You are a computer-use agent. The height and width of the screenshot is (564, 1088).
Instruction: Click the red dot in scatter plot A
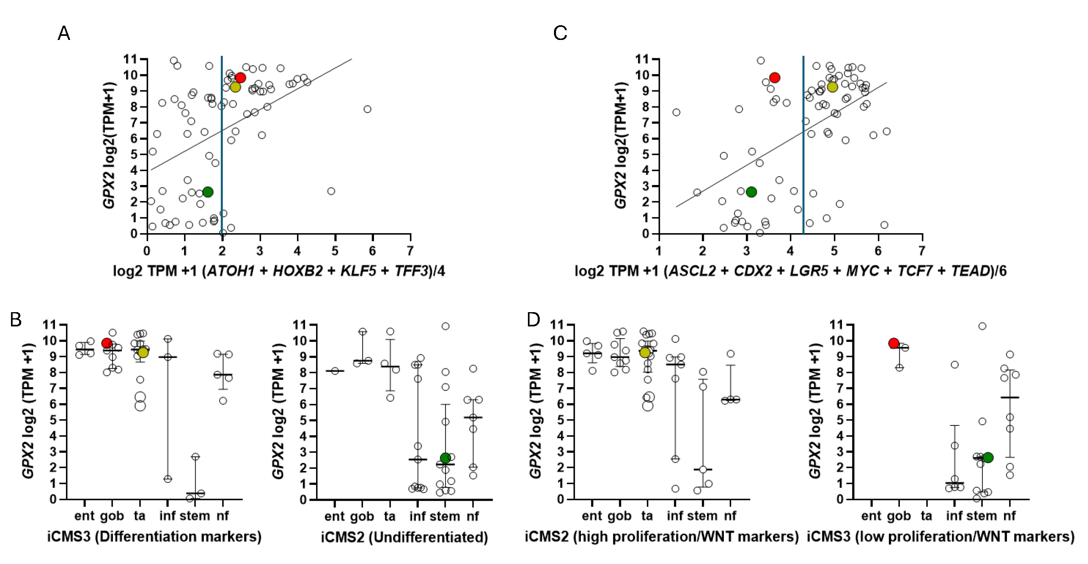[240, 78]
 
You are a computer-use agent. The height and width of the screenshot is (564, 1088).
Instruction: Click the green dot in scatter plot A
[207, 192]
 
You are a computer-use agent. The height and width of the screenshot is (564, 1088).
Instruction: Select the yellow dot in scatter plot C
[832, 87]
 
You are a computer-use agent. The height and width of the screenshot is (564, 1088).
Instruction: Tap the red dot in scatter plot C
[774, 78]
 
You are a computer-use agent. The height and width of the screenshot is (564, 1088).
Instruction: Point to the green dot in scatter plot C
[751, 192]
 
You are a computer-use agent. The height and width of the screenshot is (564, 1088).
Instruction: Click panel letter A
[64, 33]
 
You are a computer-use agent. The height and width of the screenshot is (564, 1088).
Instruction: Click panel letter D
[534, 319]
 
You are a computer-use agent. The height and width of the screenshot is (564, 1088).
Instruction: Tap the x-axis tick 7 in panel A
[410, 251]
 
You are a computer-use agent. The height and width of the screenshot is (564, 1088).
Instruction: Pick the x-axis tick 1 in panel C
[658, 251]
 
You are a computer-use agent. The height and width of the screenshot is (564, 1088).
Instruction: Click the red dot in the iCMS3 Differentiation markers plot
[107, 343]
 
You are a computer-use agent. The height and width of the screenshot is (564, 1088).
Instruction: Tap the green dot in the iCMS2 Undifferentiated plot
[445, 458]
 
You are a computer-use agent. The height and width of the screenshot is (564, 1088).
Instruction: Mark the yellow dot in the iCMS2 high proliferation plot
[644, 352]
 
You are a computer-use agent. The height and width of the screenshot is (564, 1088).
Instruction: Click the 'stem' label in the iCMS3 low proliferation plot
[981, 516]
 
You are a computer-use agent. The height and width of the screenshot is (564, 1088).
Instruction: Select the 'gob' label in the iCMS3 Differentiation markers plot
[112, 516]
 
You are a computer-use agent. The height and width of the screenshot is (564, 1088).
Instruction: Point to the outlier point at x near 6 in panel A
[367, 109]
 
